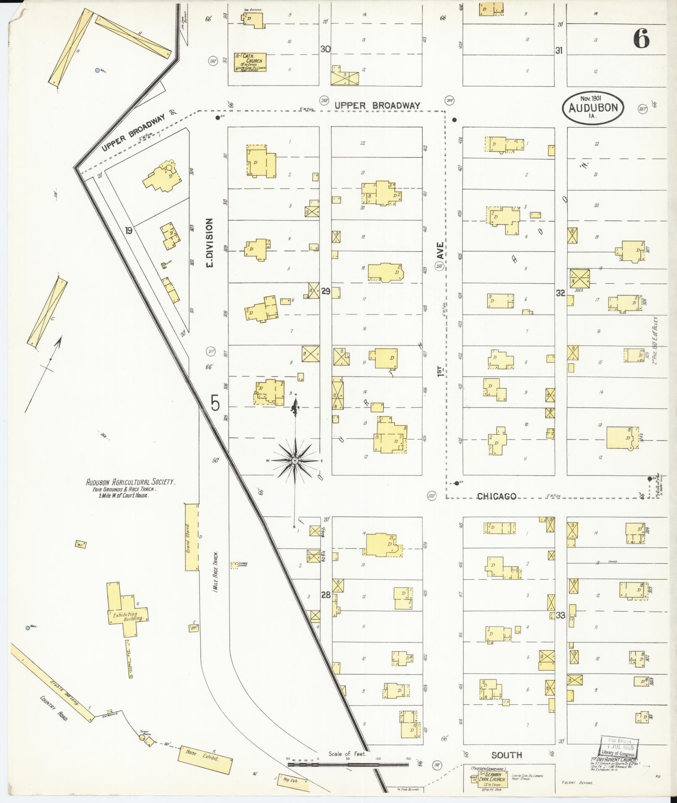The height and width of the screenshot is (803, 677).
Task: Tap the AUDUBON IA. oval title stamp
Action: [593, 107]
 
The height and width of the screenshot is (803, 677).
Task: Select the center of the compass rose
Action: [295, 461]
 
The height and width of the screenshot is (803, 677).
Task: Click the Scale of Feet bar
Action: [348, 765]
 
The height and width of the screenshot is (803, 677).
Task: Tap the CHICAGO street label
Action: [496, 497]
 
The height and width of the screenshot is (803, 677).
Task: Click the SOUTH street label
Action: [507, 755]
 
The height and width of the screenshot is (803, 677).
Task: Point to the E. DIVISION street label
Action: [210, 242]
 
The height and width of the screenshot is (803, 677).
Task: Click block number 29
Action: [326, 291]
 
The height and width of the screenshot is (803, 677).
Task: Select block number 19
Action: [128, 230]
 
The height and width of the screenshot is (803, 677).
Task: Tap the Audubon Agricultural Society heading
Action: [131, 483]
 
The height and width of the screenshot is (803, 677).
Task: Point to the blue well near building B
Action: [97, 70]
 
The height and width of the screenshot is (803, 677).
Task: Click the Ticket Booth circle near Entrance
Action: [142, 737]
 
